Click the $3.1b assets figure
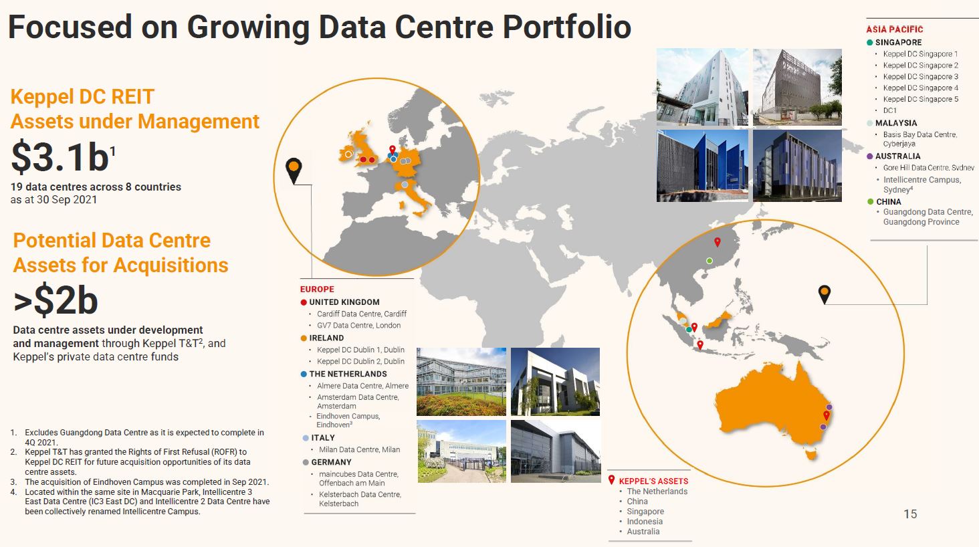pos(64,157)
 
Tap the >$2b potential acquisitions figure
pos(56,300)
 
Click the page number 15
pos(910,514)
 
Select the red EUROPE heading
pos(317,290)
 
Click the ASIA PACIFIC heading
pos(894,29)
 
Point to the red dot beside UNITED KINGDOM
pos(304,302)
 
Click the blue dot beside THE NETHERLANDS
pos(304,374)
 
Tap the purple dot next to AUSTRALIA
pos(870,156)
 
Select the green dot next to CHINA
pos(870,202)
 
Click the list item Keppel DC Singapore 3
pos(920,76)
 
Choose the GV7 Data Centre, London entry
pos(358,326)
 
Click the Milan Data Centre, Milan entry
pos(359,449)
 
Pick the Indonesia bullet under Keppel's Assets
pos(645,521)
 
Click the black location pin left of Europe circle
pos(294,171)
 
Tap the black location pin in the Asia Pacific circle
pos(825,295)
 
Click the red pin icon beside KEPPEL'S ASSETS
pos(611,480)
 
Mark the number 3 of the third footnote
pos(13,482)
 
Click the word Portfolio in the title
pos(567,27)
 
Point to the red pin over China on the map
pos(718,242)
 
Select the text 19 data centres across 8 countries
pos(96,187)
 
